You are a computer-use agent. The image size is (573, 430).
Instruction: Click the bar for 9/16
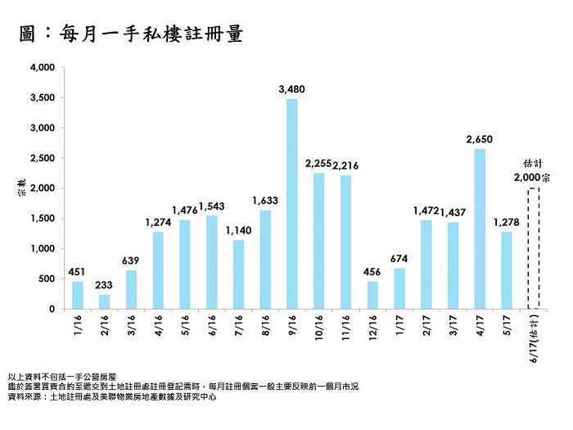tap(292, 204)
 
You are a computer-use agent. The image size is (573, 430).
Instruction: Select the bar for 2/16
tap(104, 301)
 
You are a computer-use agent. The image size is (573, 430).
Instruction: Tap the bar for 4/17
tap(480, 229)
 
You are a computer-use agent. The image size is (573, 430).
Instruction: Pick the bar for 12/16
tap(372, 296)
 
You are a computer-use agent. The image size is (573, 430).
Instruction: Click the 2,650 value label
tap(480, 138)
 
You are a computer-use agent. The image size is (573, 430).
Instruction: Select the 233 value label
tap(104, 284)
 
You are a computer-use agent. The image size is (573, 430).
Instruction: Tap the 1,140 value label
tap(238, 230)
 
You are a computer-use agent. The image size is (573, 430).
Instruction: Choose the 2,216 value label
tap(345, 165)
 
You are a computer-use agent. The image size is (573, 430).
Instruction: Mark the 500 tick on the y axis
tap(46, 279)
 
